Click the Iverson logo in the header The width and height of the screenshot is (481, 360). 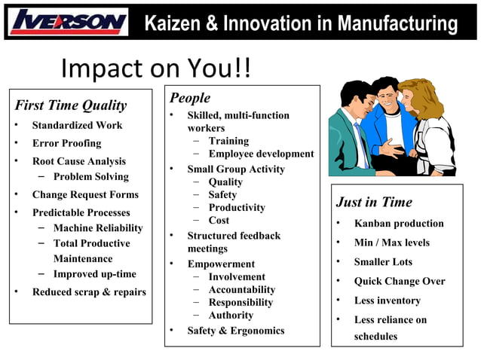click(x=69, y=22)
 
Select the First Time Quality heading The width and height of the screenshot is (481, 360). click(x=71, y=105)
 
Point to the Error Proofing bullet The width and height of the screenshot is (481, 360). click(x=66, y=143)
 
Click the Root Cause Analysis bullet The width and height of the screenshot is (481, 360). click(x=78, y=161)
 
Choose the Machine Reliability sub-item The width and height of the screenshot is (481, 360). click(x=98, y=228)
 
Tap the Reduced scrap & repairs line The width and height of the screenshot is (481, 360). click(x=89, y=292)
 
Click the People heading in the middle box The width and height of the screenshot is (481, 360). click(x=190, y=98)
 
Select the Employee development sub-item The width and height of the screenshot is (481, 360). click(x=261, y=154)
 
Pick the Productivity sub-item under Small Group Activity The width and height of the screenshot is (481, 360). click(x=237, y=208)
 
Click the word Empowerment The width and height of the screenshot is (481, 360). click(x=221, y=264)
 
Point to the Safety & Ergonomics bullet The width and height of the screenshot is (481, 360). click(x=236, y=331)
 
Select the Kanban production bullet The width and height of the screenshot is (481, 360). click(x=399, y=224)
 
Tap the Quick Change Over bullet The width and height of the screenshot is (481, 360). click(x=400, y=282)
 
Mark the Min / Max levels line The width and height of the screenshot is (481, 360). click(x=392, y=243)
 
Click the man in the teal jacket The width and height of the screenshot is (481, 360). click(x=350, y=128)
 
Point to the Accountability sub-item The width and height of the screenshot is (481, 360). click(x=242, y=290)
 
